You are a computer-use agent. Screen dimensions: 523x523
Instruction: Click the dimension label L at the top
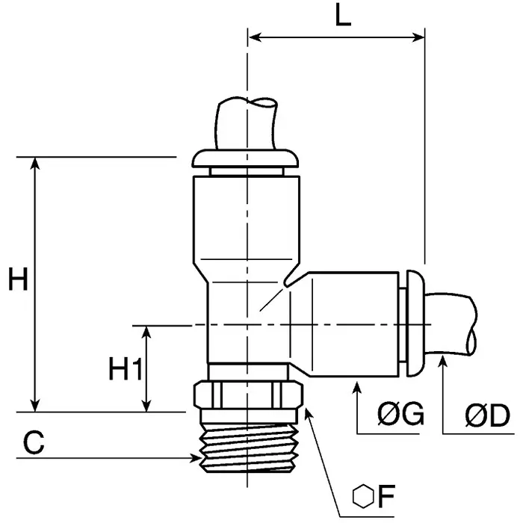pos(342,16)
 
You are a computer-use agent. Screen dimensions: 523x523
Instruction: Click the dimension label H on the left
pos(19,281)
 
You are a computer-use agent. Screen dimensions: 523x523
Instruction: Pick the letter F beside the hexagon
pos(386,497)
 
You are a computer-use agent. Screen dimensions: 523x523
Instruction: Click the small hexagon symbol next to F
pos(362,497)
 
